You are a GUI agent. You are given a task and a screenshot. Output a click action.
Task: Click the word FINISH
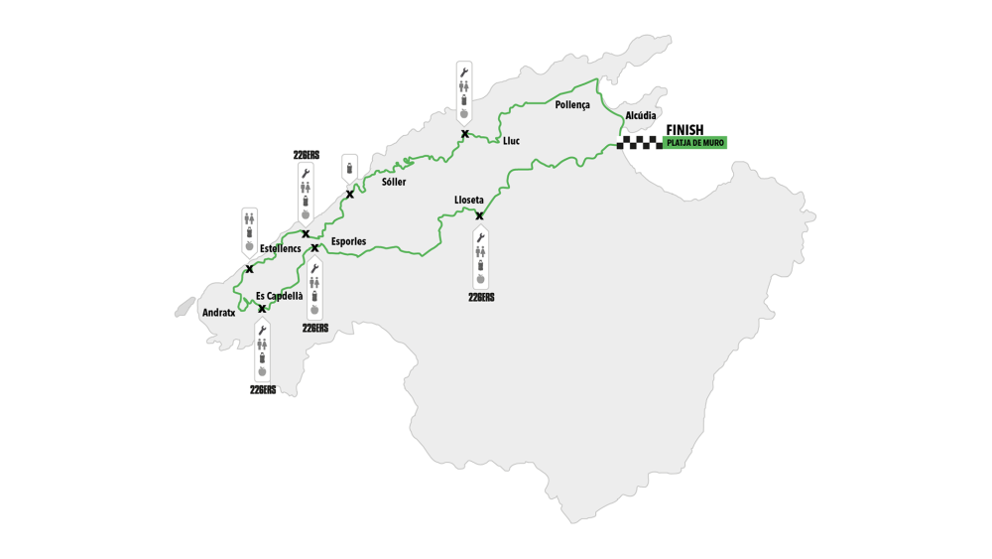coord(684,130)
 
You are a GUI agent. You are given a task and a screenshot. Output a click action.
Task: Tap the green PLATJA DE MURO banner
coord(695,143)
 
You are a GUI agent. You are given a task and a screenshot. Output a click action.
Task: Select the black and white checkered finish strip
coord(640,143)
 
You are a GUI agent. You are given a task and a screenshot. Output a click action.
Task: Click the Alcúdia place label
coord(641,116)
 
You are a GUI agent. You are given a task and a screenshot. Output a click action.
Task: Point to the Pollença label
coord(572,105)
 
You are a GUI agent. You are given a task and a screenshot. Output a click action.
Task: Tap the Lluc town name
coord(511,141)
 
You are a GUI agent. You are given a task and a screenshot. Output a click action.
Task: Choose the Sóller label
coord(394,183)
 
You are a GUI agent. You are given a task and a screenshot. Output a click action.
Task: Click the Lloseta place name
coord(469,200)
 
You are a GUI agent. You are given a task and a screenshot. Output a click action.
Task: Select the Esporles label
coord(348,241)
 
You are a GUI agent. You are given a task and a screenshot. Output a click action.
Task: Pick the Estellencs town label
coord(281,248)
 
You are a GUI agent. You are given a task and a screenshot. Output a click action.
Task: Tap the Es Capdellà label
coord(280,296)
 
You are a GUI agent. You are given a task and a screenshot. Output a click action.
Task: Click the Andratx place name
coord(218,313)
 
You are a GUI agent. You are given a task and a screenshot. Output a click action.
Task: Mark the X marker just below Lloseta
coord(479,215)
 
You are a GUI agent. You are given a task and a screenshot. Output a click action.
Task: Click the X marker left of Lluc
coord(464,133)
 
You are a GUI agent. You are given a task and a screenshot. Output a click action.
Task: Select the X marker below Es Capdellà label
coord(262,309)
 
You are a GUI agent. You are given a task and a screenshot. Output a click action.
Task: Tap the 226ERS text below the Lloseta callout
coord(481,297)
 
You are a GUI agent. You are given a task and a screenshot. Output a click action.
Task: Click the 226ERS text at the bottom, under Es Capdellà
coord(263,390)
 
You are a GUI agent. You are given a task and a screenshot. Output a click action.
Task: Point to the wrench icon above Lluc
coord(463,71)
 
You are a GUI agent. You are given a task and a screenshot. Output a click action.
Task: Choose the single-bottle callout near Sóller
coord(348,167)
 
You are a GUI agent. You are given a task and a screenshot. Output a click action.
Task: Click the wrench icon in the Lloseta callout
coord(481,238)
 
